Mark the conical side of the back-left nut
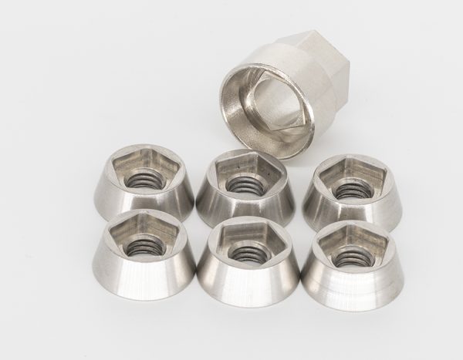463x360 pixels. point(147,202)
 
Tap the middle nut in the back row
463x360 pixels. point(243,189)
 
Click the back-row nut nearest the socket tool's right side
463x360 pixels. point(352,193)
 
